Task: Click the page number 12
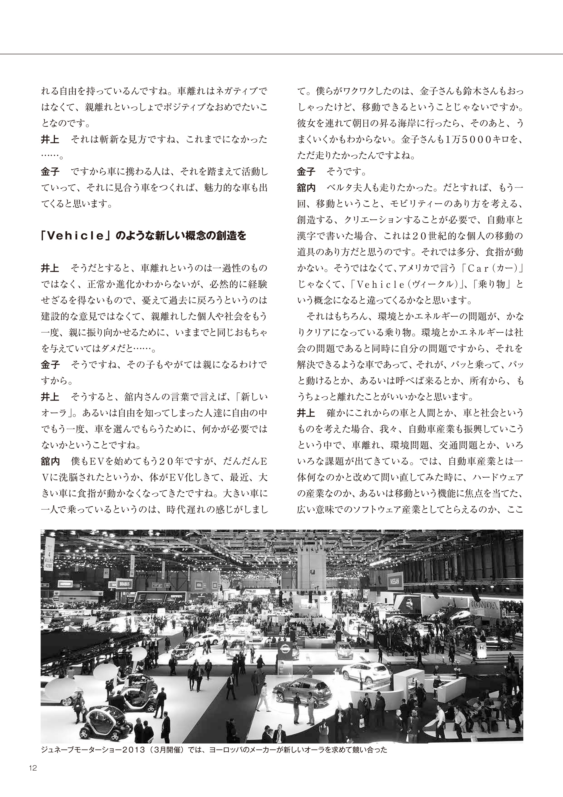[33, 767]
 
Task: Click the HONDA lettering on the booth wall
[484, 606]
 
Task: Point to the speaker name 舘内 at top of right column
[306, 188]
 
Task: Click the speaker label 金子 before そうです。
[306, 171]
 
